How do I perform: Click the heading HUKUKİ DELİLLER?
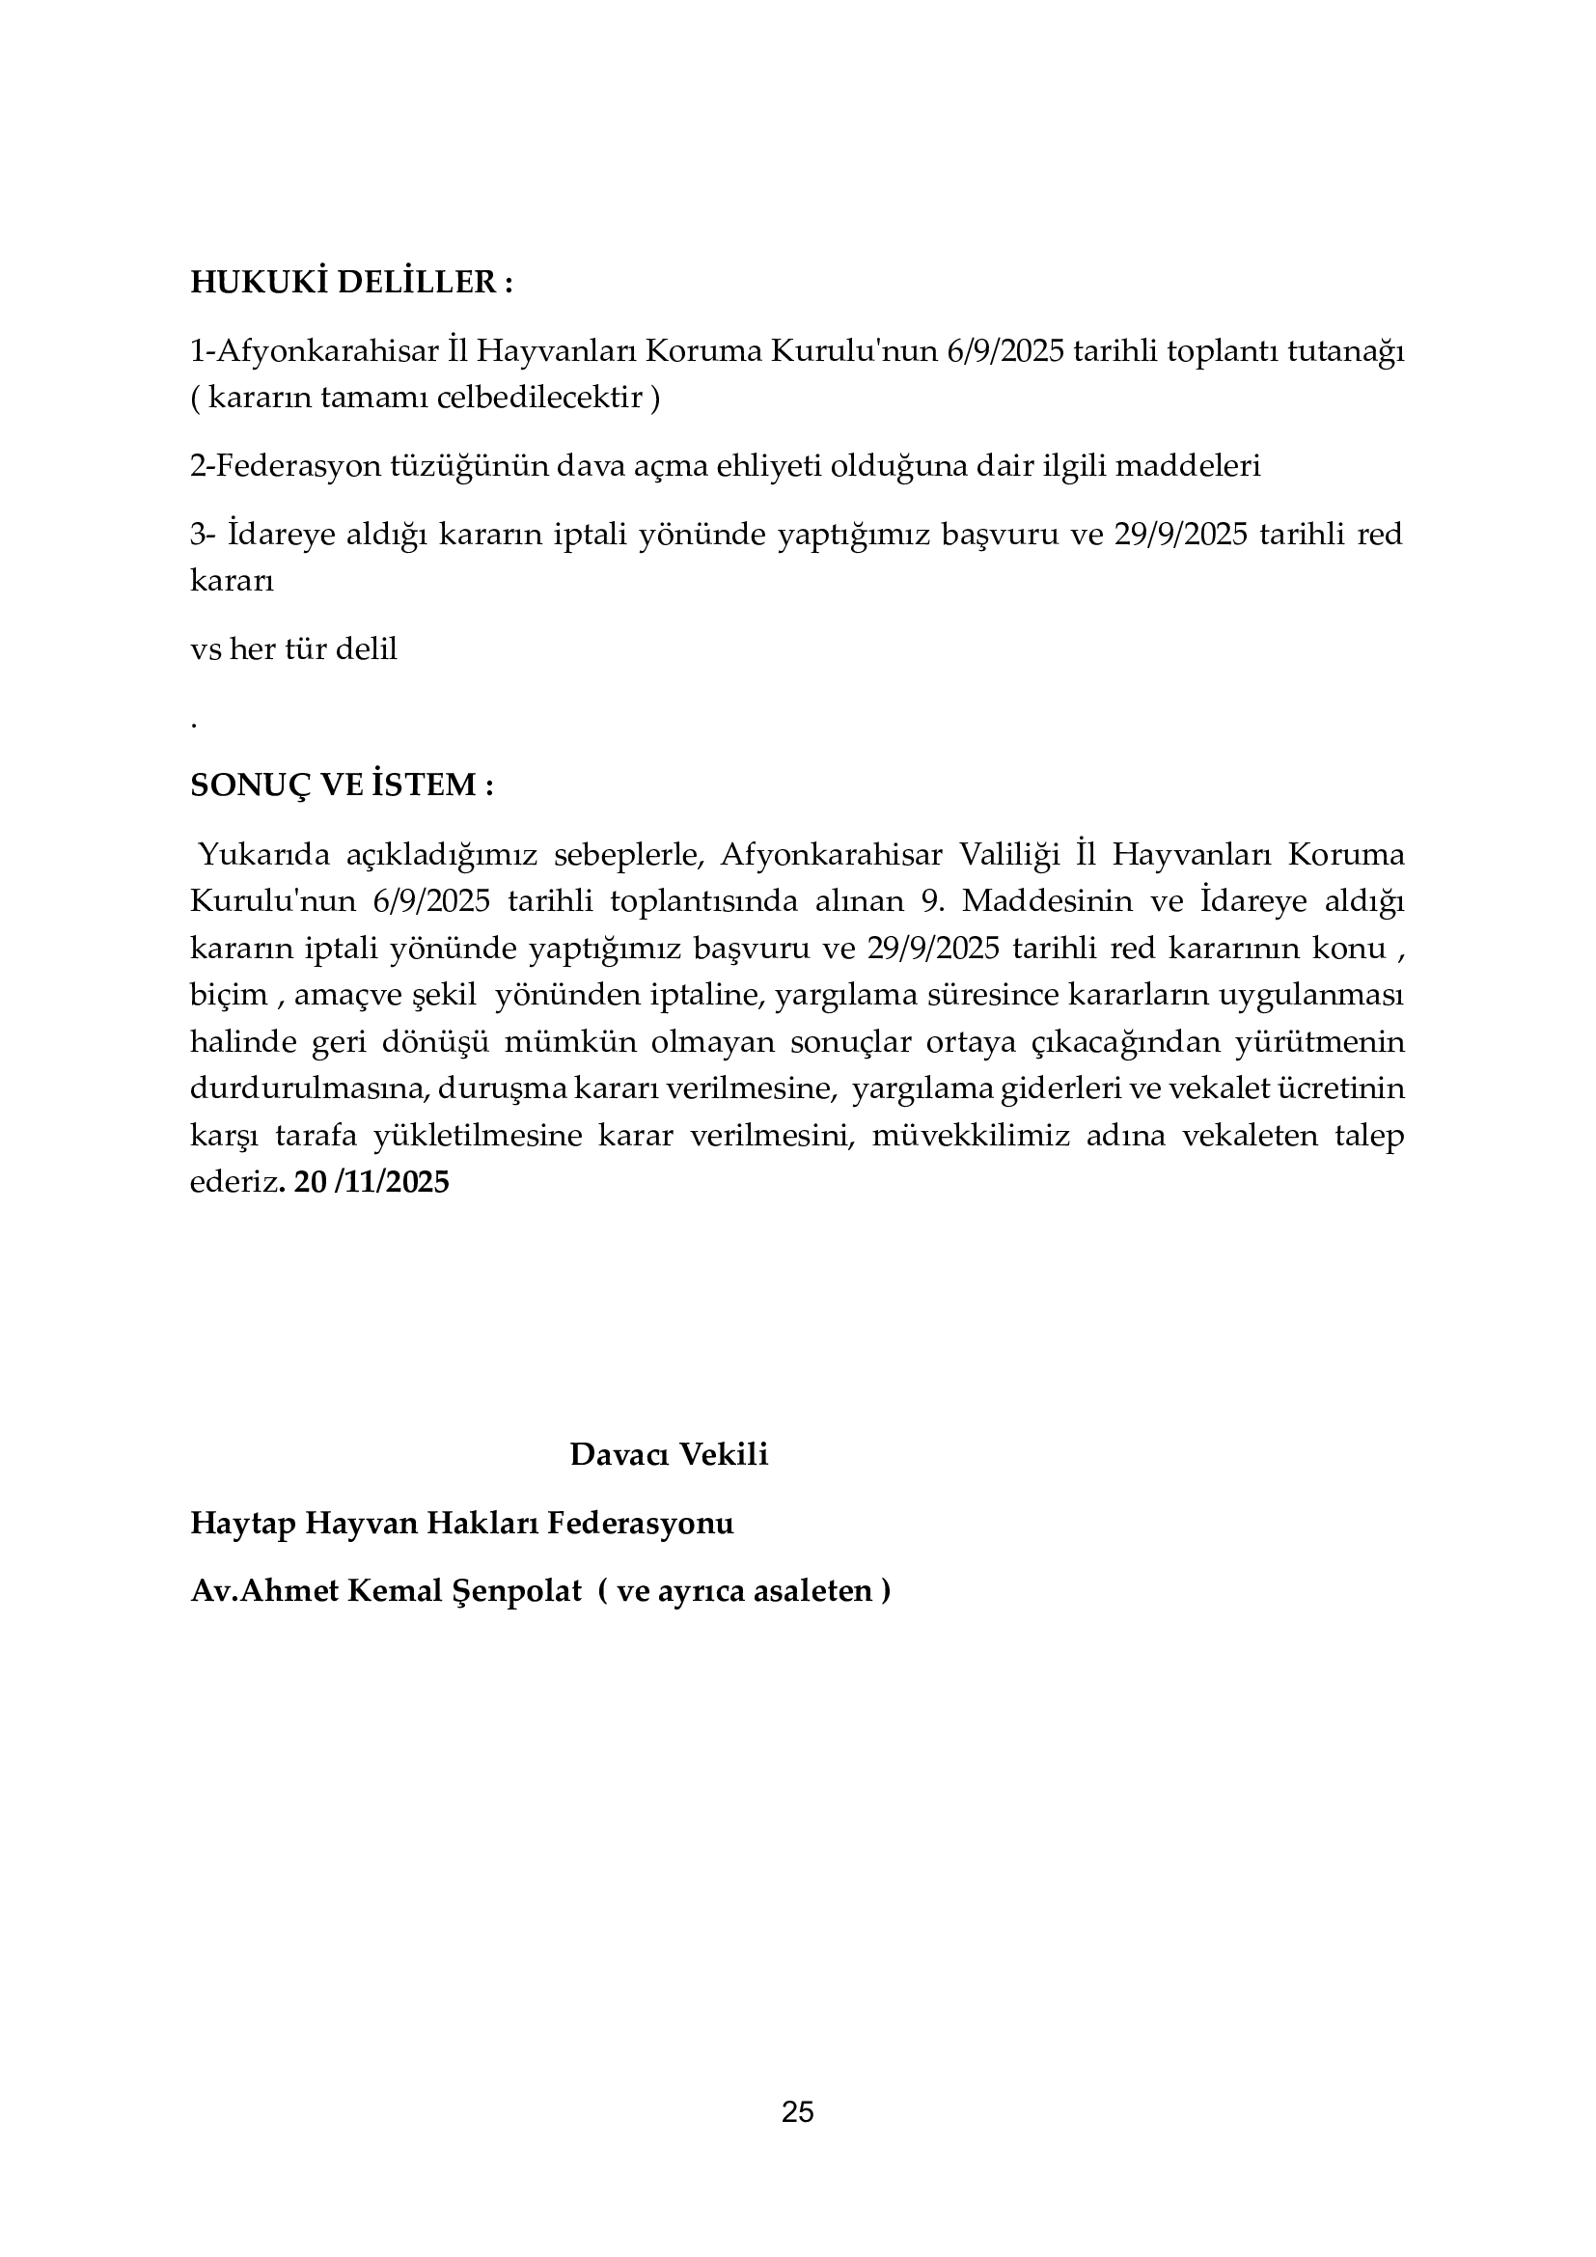coord(351,283)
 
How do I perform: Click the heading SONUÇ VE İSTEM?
coord(341,785)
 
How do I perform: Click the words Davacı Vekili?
coord(669,1454)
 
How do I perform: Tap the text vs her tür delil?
coord(294,648)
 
